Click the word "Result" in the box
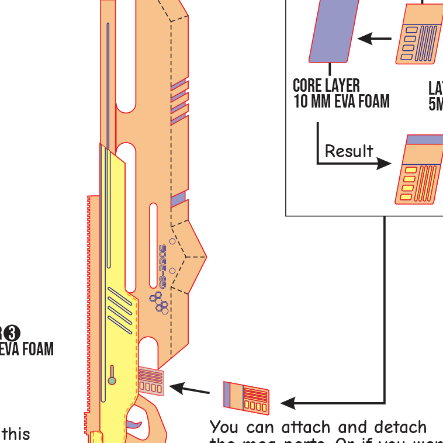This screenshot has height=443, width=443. point(349,151)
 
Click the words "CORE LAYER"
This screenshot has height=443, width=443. point(326,86)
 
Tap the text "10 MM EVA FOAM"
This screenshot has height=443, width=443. point(341,101)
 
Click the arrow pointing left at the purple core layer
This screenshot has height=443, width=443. point(374,39)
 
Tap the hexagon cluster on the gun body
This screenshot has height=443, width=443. point(158,302)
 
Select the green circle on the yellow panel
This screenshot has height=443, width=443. point(112,381)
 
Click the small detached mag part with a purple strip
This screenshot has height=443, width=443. point(246,397)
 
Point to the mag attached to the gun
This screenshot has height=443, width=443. point(151,381)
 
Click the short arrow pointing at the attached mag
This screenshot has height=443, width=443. point(189,389)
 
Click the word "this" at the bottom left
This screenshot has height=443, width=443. point(16,434)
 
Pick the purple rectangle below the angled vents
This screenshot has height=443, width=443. point(178,199)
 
